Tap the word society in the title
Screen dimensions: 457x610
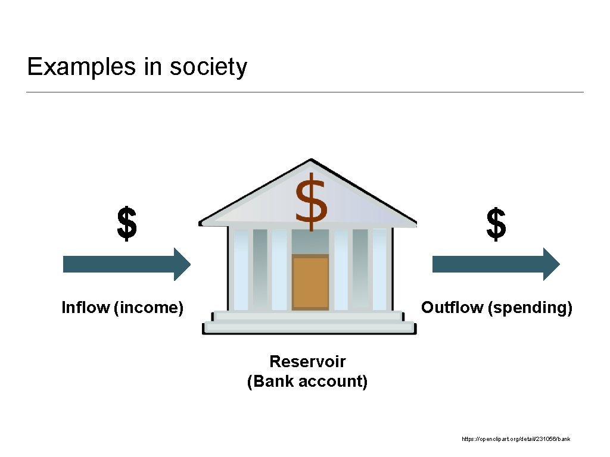tap(208, 67)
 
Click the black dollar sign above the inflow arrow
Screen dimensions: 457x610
tap(127, 224)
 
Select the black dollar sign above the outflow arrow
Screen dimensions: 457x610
tap(496, 224)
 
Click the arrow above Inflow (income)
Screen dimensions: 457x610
tap(126, 264)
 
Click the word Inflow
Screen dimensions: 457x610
tap(85, 308)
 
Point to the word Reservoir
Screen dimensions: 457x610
tap(307, 361)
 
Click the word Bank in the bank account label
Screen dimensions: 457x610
tap(274, 381)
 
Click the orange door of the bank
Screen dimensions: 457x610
tap(310, 283)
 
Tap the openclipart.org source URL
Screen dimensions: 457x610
tap(516, 439)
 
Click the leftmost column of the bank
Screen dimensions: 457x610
tap(241, 270)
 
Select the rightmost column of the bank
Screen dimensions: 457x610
tap(379, 270)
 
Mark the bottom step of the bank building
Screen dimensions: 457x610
tap(309, 328)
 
